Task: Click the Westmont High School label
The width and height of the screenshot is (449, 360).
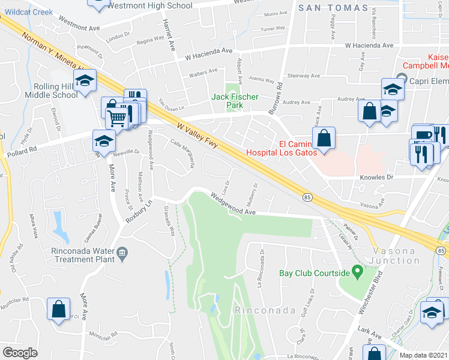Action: point(156,6)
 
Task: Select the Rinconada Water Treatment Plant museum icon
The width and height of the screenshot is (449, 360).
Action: point(123,254)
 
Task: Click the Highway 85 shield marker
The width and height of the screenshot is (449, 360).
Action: point(307,197)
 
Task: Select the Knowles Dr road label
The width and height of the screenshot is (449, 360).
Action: point(376,178)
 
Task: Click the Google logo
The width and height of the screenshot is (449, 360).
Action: point(20,352)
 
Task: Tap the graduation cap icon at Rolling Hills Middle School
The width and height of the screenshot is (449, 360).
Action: point(85,80)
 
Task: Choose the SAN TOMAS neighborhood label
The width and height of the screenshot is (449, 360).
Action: point(333,8)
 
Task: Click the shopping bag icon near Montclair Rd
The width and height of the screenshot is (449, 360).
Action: point(59,309)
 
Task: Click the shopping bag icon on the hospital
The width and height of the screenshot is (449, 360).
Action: point(324,138)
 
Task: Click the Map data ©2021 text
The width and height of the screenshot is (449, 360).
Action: point(423,355)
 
